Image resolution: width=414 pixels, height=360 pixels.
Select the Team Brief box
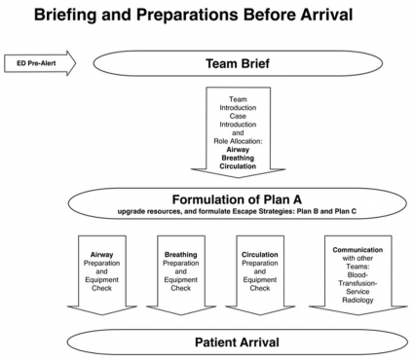pos(237,66)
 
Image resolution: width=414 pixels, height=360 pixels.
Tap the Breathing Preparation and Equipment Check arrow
pos(181,274)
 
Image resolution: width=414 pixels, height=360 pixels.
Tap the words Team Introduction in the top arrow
pos(237,103)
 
